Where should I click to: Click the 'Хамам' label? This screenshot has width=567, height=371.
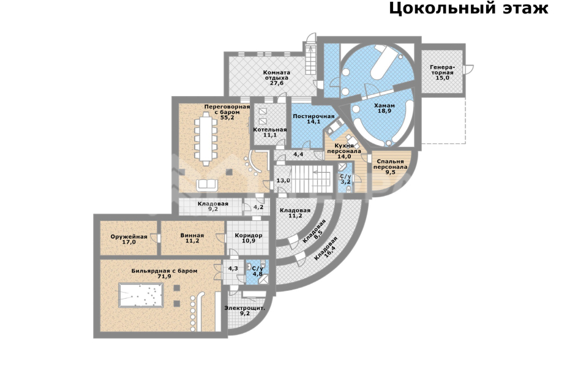pyautogui.click(x=385, y=106)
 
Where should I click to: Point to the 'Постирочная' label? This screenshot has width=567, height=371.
pyautogui.click(x=313, y=116)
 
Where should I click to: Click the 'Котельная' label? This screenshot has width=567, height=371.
pyautogui.click(x=270, y=130)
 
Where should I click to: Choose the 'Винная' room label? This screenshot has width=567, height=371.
pyautogui.click(x=192, y=236)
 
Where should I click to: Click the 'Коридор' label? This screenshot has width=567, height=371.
pyautogui.click(x=249, y=236)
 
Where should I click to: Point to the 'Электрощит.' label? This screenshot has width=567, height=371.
pyautogui.click(x=244, y=308)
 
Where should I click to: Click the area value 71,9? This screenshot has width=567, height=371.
pyautogui.click(x=164, y=277)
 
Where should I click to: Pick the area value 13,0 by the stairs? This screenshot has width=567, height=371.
pyautogui.click(x=282, y=181)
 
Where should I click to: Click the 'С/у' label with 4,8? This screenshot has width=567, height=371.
pyautogui.click(x=257, y=270)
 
